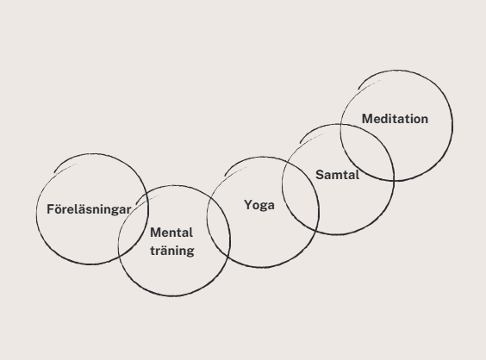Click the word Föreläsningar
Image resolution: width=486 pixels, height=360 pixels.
[89, 210]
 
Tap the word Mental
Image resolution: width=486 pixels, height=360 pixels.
[171, 233]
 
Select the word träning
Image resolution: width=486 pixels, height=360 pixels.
[172, 251]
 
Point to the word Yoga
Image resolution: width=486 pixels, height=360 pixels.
[259, 205]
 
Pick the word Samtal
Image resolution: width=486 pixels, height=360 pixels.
[338, 175]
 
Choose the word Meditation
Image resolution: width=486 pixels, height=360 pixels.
[395, 119]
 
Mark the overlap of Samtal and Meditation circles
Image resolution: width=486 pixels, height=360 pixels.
[368, 152]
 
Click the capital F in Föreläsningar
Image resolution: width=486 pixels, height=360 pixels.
[51, 209]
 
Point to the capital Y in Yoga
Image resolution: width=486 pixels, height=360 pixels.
[248, 205]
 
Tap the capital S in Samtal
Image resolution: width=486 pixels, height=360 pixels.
[320, 175]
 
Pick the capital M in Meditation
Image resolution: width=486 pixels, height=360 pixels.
[368, 119]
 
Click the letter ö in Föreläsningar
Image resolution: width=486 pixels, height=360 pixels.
[59, 210]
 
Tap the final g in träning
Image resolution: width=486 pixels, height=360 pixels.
[190, 252]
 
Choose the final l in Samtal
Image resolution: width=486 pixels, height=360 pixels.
[358, 175]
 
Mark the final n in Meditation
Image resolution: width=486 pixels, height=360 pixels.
[424, 120]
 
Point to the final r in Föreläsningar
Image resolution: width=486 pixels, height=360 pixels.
[129, 211]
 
